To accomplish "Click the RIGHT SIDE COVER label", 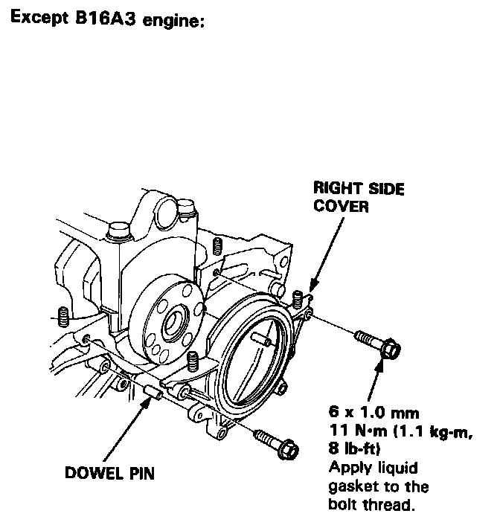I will tap(358, 198).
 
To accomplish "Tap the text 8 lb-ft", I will tap(354, 449).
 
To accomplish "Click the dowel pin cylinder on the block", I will tap(153, 391).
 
